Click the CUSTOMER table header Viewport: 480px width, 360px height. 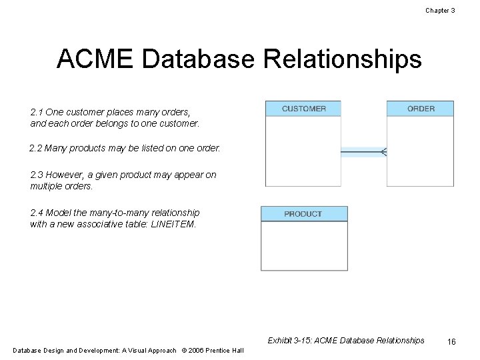pos(303,109)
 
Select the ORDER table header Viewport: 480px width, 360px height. pos(421,109)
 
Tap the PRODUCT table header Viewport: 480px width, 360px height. pos(303,214)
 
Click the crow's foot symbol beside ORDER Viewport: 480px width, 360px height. pos(383,152)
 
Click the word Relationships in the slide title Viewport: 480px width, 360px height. pos(343,59)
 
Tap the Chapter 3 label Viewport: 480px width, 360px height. pos(439,11)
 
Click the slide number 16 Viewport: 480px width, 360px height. pos(451,341)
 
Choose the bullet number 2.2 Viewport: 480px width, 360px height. pos(37,147)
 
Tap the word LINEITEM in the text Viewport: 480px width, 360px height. pos(175,224)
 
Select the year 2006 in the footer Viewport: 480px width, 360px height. pos(196,351)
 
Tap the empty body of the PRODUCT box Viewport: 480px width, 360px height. pos(303,245)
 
